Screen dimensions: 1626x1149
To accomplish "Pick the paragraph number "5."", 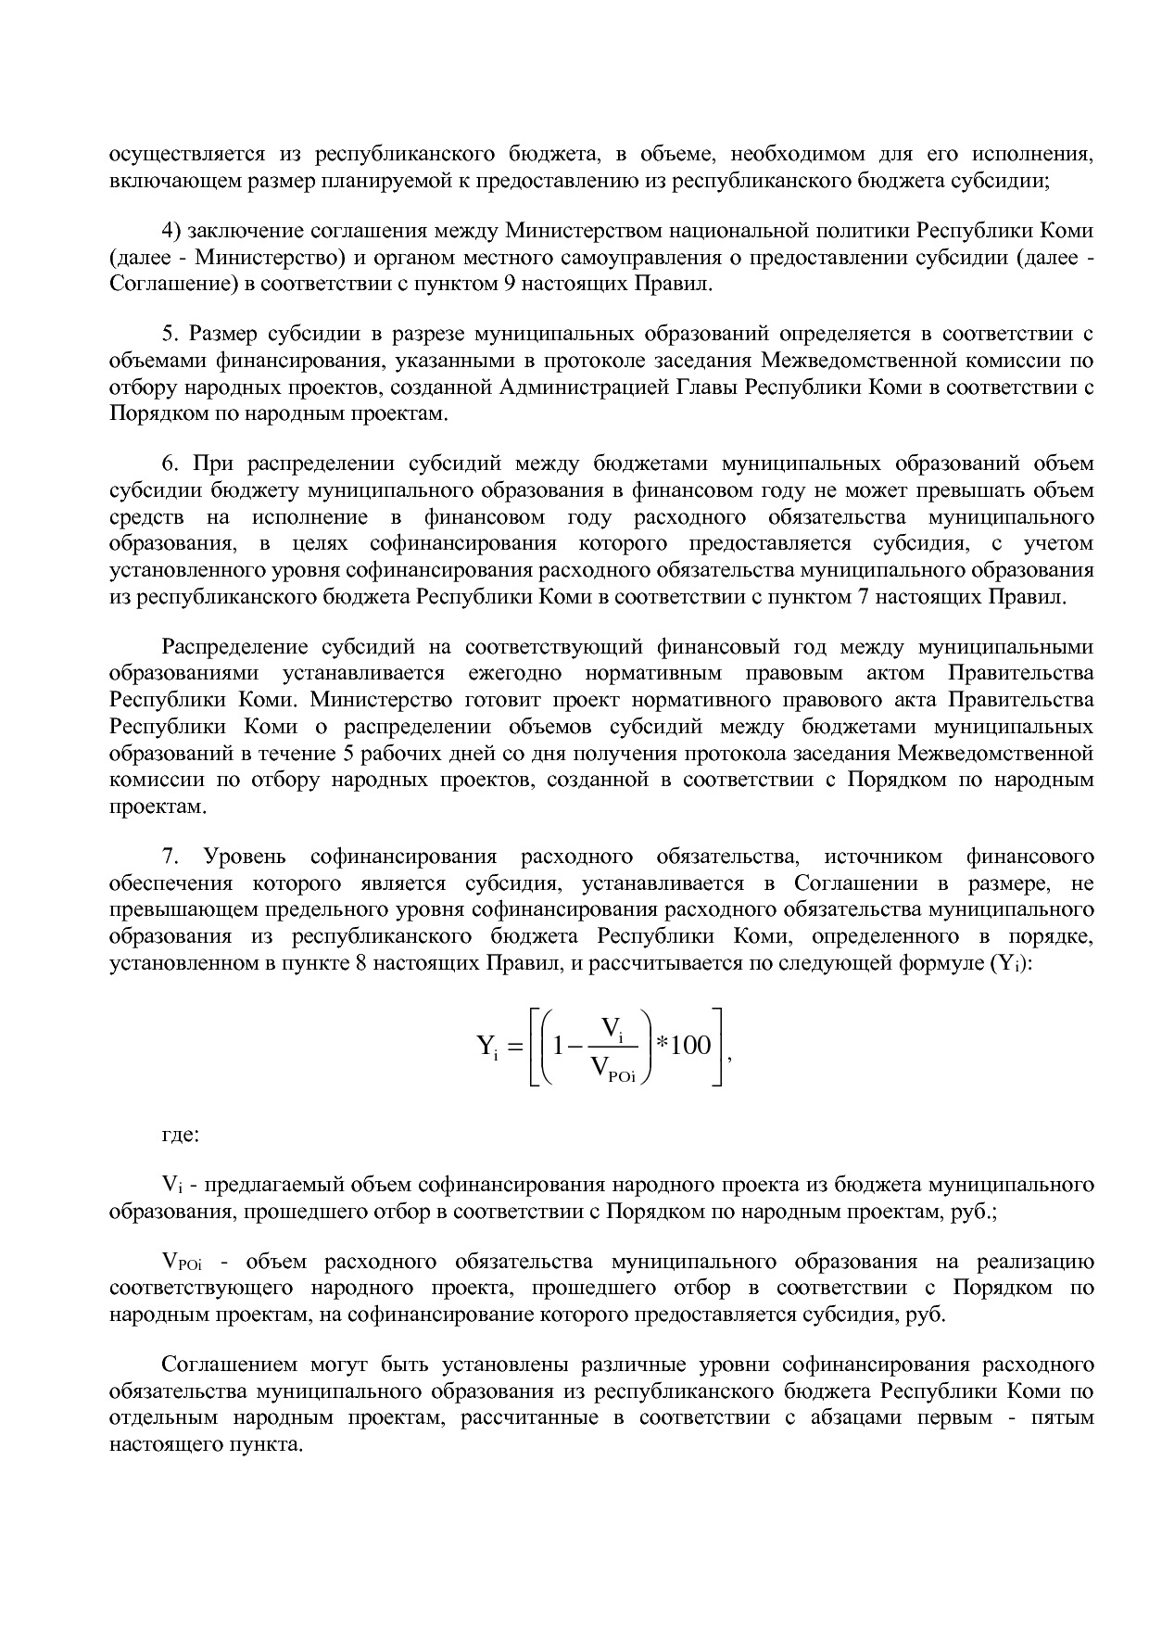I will coord(170,334).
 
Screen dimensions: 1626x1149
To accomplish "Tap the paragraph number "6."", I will coord(170,463).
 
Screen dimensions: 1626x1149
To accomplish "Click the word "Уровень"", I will coord(246,856).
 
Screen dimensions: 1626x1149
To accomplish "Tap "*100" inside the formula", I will coord(683,1047).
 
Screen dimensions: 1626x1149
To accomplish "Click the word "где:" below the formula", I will coord(180,1134).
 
